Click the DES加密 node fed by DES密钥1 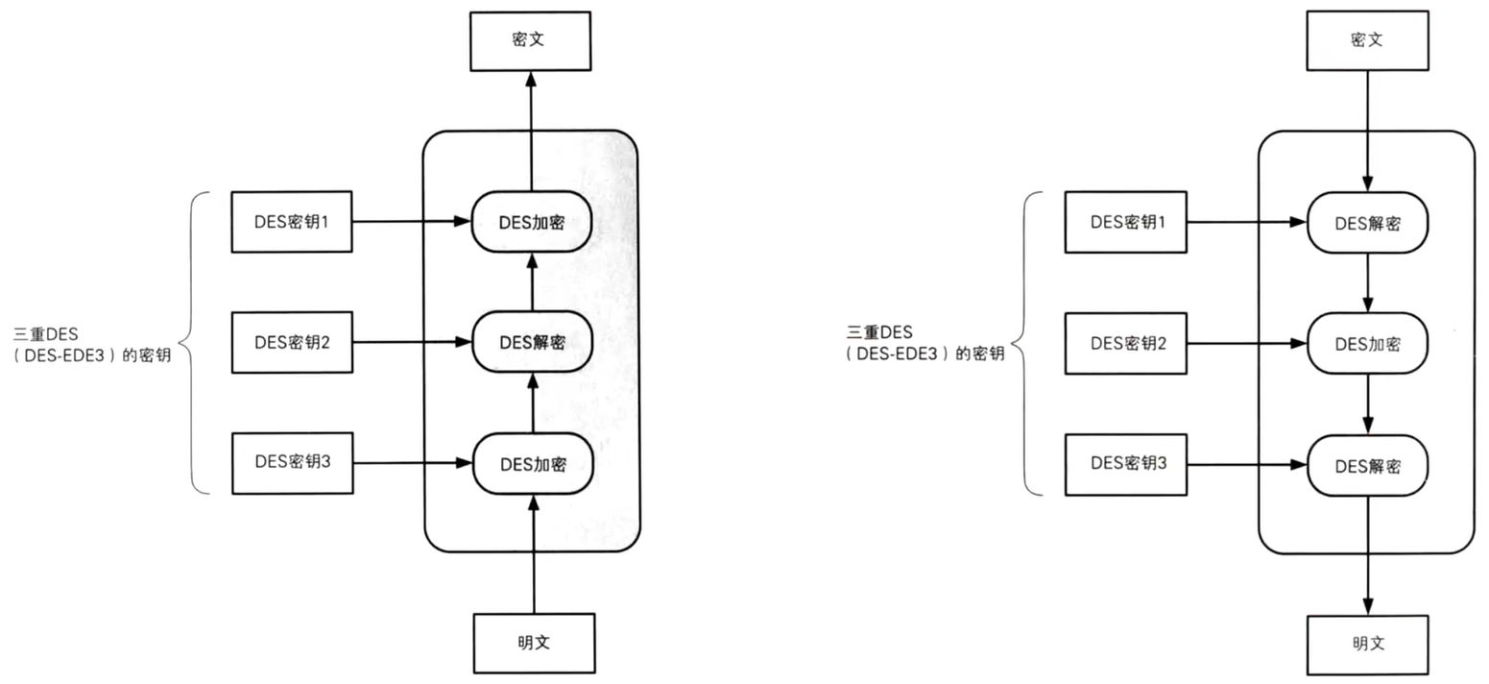tap(531, 222)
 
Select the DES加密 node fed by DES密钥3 tap(533, 464)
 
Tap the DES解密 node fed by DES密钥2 tap(532, 342)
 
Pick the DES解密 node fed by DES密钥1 tap(1367, 223)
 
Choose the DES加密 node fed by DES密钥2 tap(1367, 343)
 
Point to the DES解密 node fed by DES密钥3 tap(1367, 466)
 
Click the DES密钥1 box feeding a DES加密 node tap(292, 222)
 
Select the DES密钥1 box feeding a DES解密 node tap(1125, 222)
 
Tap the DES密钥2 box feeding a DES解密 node tap(292, 342)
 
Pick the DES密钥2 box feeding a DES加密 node tap(1125, 342)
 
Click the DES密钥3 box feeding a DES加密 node tap(292, 462)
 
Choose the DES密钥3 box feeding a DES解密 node tap(1125, 464)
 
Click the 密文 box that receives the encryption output tap(530, 40)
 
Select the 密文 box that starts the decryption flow tap(1366, 40)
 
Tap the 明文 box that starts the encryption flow tap(534, 643)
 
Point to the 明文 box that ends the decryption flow tap(1367, 645)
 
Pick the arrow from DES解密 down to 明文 tap(1367, 557)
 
